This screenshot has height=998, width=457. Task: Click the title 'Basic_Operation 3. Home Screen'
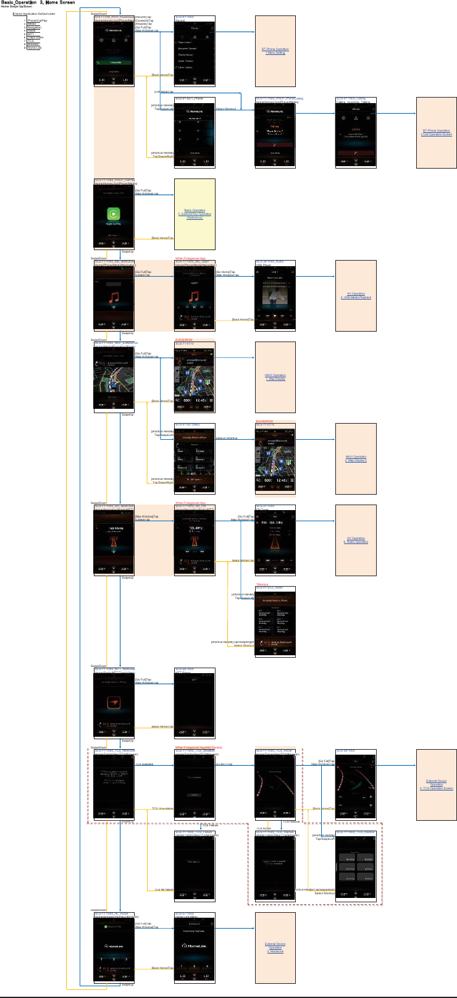tap(38, 2)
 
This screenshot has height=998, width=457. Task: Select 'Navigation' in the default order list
tap(34, 28)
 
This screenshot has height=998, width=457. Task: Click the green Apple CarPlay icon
tap(114, 214)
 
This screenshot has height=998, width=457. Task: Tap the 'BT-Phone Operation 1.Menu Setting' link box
tap(275, 51)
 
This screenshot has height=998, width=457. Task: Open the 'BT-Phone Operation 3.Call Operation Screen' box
tap(436, 132)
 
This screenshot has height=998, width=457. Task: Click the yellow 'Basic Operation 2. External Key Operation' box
tap(195, 214)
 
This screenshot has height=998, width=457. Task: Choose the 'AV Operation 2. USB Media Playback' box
tap(356, 296)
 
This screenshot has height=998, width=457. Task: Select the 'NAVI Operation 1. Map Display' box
tap(275, 377)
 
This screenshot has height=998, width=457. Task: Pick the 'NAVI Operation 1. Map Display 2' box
tap(356, 458)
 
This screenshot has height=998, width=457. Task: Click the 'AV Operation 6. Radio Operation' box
tap(356, 540)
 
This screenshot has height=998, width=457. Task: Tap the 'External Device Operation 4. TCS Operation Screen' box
tap(436, 784)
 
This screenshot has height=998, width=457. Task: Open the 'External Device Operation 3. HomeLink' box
tap(275, 947)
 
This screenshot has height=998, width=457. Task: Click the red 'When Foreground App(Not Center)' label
tap(198, 747)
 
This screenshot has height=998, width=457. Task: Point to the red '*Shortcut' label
tap(262, 584)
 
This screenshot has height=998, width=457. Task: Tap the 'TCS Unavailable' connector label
tap(162, 808)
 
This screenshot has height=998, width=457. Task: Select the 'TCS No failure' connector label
tap(164, 889)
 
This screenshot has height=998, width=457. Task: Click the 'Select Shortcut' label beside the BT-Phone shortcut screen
tap(225, 109)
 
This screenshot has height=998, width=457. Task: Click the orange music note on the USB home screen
tap(114, 297)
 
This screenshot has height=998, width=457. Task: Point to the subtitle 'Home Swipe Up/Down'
tap(17, 7)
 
